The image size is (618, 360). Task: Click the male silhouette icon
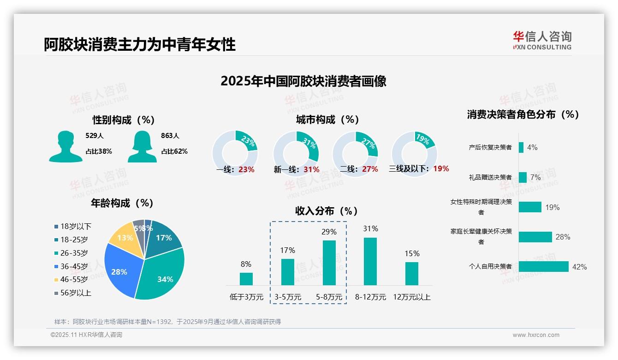[x=65, y=147]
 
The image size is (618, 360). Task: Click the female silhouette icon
[x=142, y=147]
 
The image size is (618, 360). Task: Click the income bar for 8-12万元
[x=370, y=262]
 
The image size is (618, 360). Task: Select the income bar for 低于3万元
[x=246, y=279]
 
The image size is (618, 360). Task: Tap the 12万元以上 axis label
[x=411, y=297]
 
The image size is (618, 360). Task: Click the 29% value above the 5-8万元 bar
[x=329, y=232]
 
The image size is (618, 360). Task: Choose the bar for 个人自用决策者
[x=543, y=267]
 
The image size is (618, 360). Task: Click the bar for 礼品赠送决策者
[x=523, y=177]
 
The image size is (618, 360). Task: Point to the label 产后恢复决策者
[x=490, y=148]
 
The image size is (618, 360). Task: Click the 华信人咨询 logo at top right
[x=542, y=40]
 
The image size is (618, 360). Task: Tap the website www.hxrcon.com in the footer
[x=535, y=335]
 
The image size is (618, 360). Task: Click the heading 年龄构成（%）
[x=122, y=203]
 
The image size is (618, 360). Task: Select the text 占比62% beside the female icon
[x=174, y=151]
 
